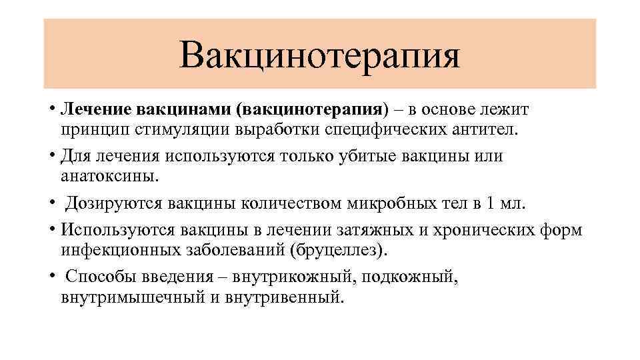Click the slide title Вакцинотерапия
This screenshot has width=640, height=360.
(319, 55)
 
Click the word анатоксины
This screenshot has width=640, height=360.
(110, 176)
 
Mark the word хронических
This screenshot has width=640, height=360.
(481, 230)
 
